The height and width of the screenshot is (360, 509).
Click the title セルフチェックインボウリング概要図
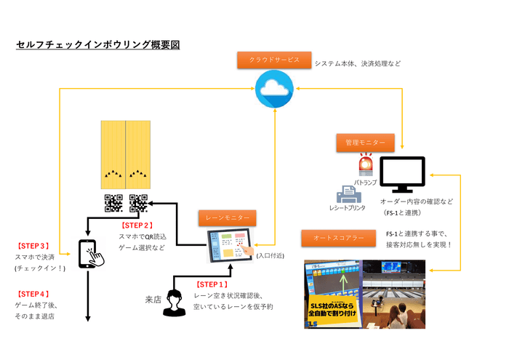click(97, 45)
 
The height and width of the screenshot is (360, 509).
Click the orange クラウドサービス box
click(274, 60)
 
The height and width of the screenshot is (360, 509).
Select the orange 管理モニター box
click(365, 143)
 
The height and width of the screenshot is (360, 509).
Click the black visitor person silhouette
click(174, 303)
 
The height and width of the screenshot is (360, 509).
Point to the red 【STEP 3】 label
click(33, 246)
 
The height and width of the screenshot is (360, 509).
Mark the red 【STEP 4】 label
click(33, 293)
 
